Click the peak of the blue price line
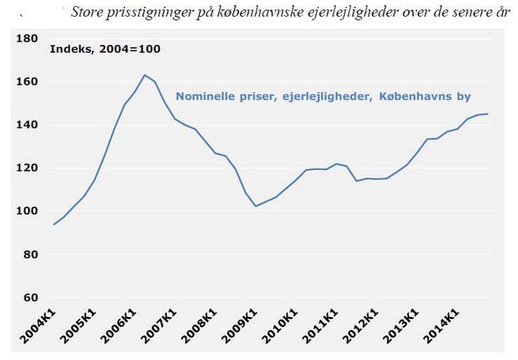[145, 75]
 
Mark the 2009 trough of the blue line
[256, 206]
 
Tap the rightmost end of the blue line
[488, 114]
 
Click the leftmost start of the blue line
[53, 225]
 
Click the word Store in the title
[86, 12]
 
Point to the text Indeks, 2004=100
[105, 49]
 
